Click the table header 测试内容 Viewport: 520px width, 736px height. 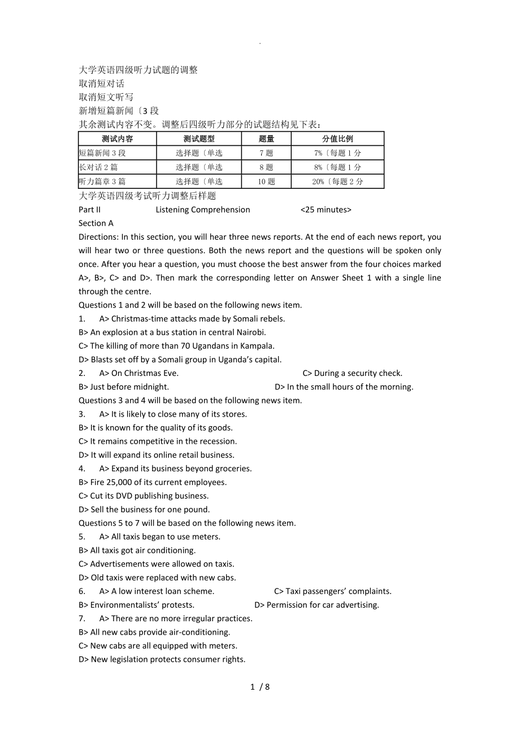point(118,138)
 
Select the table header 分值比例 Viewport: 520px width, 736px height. point(337,138)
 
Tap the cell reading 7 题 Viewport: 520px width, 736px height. point(266,153)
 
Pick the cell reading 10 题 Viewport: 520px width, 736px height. point(266,181)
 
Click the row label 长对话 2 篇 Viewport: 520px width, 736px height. point(99,167)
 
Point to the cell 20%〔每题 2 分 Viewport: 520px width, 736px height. point(337,181)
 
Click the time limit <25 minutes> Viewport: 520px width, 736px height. point(326,210)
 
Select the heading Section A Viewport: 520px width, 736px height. point(96,223)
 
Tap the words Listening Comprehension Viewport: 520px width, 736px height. point(202,210)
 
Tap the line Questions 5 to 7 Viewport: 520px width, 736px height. point(187,523)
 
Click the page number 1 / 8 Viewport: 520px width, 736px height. point(260,687)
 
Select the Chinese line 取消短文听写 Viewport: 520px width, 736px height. point(106,97)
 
